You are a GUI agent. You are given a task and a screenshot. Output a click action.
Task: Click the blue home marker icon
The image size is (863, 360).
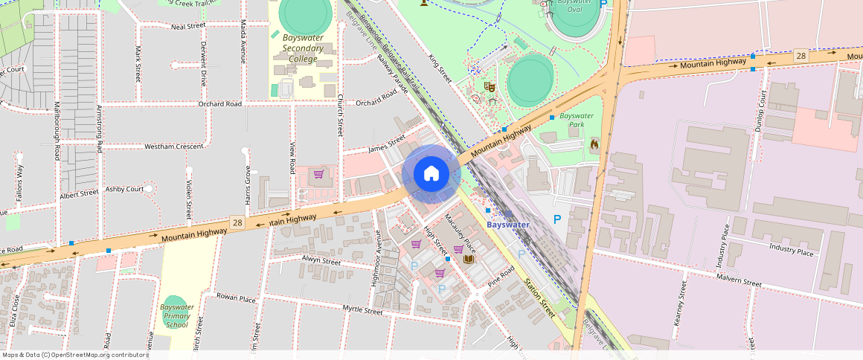point(431,174)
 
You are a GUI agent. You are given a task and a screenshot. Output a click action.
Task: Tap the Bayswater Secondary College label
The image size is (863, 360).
point(303,48)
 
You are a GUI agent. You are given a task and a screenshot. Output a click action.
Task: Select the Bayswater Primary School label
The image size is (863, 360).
point(177,315)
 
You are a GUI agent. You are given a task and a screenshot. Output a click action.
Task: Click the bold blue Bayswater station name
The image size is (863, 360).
point(508,225)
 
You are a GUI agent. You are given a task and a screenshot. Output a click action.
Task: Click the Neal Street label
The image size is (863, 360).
point(187,26)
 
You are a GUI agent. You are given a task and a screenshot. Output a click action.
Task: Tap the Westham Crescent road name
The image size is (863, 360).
point(173,147)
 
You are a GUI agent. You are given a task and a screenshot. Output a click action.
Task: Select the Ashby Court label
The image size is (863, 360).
point(124,189)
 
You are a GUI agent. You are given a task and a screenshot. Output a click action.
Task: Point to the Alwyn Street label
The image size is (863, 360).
point(321,261)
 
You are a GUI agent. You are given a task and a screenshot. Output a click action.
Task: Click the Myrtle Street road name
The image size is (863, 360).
point(362,309)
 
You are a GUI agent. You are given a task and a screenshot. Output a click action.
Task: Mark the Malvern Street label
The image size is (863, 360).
point(739,283)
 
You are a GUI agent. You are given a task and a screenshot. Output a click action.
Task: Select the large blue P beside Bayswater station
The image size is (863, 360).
point(556,219)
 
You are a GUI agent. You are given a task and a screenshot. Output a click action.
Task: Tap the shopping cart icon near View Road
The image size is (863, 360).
point(318,174)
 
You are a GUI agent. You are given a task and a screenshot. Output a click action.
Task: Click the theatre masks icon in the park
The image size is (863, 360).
point(490,87)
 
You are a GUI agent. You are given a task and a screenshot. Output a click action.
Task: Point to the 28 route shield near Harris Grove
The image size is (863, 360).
point(237,222)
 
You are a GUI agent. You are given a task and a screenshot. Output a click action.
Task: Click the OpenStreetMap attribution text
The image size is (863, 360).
point(74,355)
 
